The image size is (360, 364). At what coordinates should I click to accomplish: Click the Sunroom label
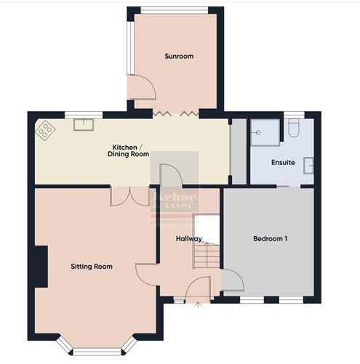click(179, 56)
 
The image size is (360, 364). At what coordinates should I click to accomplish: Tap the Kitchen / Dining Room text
click(128, 150)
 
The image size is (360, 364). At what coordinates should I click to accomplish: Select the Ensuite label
click(283, 162)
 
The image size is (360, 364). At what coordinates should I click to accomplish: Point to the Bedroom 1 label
click(270, 238)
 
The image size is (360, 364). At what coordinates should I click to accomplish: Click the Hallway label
click(188, 238)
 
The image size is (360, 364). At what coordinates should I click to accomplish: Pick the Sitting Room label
click(91, 267)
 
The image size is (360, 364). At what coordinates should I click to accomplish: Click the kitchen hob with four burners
click(47, 129)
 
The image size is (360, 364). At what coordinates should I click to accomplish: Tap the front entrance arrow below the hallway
click(198, 305)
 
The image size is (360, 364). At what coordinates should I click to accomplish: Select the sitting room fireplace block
click(41, 267)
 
